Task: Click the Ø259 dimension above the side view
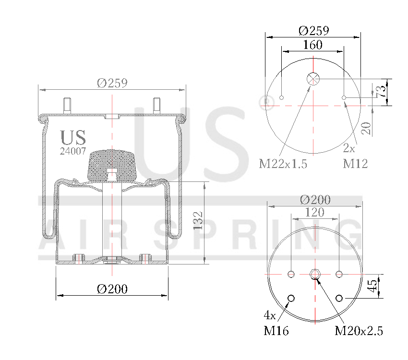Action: pyautogui.click(x=111, y=83)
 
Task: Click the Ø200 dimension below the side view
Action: pyautogui.click(x=111, y=289)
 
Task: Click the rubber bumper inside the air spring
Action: pyautogui.click(x=111, y=164)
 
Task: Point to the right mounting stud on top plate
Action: pyautogui.click(x=156, y=105)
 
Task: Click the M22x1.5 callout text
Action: pyautogui.click(x=283, y=164)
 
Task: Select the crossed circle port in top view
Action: pyautogui.click(x=313, y=79)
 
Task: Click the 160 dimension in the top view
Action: pyautogui.click(x=312, y=45)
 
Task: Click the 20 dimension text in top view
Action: pyautogui.click(x=366, y=128)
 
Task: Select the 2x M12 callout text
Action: pyautogui.click(x=355, y=156)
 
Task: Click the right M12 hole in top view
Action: pyautogui.click(x=344, y=98)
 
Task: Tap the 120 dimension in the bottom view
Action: pyautogui.click(x=314, y=212)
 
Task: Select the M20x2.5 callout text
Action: pyautogui.click(x=359, y=331)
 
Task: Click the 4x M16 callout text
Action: pyautogui.click(x=276, y=324)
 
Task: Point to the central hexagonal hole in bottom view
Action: pyautogui.click(x=315, y=274)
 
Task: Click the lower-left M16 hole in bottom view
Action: pyautogui.click(x=290, y=299)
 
